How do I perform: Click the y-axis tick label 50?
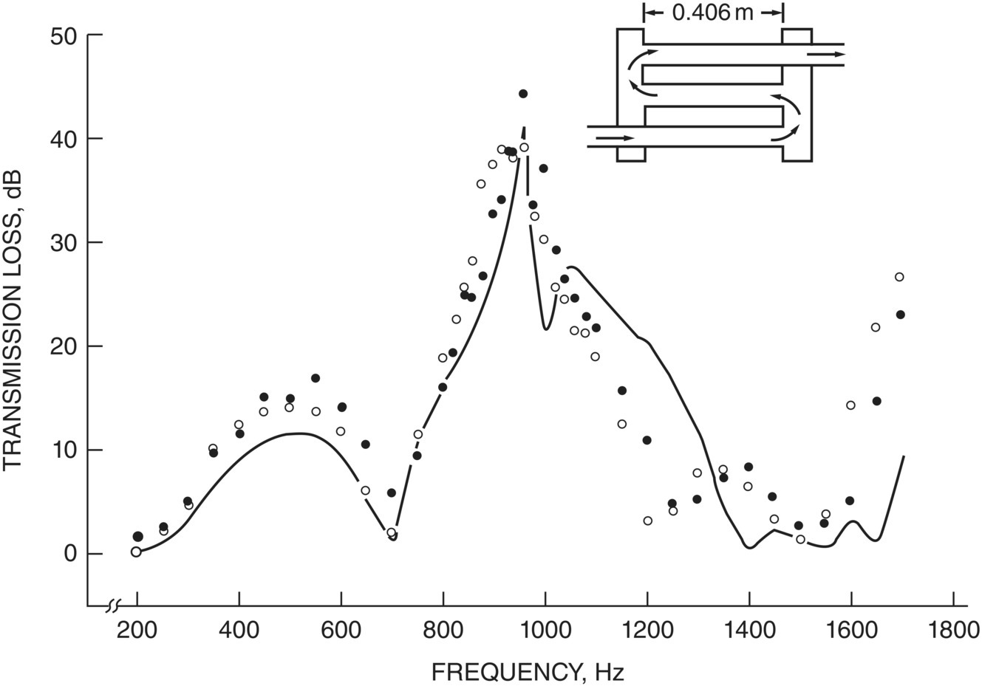coord(64,35)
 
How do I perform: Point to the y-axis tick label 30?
coord(64,243)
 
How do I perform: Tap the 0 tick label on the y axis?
coord(69,554)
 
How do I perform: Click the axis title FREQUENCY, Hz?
coord(528,672)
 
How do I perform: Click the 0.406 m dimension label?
coord(712,13)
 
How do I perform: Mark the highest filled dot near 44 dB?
coord(523,94)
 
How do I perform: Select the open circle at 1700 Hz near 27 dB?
coord(899,277)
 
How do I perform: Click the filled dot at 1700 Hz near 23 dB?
coord(900,315)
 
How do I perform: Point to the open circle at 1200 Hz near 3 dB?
coord(648,521)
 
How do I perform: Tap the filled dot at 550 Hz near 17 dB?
coord(316,378)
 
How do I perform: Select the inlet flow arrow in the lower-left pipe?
coord(615,137)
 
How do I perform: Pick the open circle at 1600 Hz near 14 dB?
coord(850,405)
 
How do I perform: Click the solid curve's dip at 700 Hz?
coord(393,537)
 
